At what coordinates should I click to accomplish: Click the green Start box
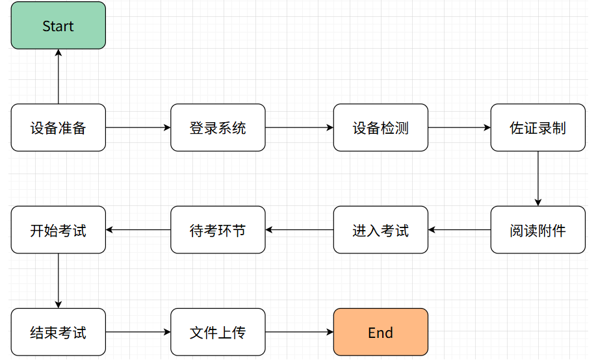(58, 25)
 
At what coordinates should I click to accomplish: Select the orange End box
(380, 332)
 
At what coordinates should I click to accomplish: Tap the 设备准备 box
(58, 127)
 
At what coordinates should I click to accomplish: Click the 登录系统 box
(218, 127)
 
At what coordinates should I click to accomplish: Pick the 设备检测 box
(380, 127)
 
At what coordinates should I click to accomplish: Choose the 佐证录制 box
(538, 127)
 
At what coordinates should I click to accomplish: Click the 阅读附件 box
(538, 229)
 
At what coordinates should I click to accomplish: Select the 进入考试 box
(380, 229)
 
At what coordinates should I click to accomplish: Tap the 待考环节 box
(218, 229)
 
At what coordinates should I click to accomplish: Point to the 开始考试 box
(58, 229)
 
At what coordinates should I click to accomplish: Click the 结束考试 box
(58, 332)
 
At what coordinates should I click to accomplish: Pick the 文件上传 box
(218, 332)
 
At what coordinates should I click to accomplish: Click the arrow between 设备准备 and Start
(58, 77)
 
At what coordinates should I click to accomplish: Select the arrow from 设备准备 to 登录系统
(138, 127)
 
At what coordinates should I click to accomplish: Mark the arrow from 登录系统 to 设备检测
(300, 127)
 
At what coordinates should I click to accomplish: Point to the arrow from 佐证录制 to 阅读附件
(538, 179)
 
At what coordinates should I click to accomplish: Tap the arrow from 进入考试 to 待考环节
(300, 229)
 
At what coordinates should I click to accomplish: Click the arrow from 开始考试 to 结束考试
(58, 281)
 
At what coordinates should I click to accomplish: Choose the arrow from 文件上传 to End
(300, 332)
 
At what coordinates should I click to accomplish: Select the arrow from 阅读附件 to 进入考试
(460, 229)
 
